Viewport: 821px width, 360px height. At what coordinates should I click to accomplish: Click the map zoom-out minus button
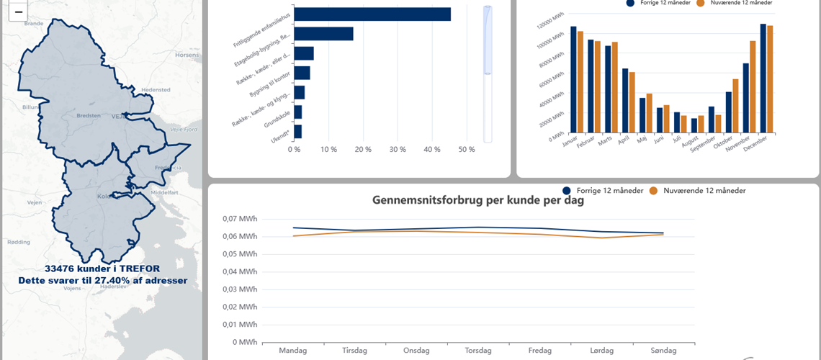coord(18,12)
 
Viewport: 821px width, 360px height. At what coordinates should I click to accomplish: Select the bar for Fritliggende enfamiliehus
coord(372,14)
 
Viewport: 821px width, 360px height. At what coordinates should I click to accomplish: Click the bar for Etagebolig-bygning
coord(323,34)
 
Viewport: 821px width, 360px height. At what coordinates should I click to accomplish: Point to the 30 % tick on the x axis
coord(398,150)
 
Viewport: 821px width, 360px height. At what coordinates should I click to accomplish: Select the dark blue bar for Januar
coord(573,79)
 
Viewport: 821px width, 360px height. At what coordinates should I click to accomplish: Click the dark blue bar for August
coord(694,125)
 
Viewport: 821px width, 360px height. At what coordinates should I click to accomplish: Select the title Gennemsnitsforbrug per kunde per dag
coord(478,200)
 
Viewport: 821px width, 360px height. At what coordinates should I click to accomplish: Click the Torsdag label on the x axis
coord(478,351)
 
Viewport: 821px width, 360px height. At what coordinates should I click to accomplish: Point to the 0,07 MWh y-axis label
coord(240,219)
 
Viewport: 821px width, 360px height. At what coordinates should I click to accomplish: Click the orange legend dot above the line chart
coord(654,191)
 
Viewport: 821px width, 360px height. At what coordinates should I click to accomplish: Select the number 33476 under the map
coord(62,268)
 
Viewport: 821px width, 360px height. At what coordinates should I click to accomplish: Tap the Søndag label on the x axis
coord(663,351)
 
